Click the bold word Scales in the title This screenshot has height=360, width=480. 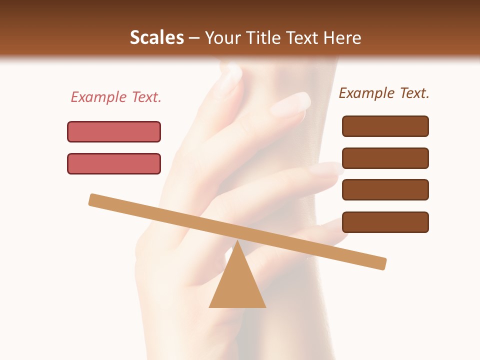point(156,37)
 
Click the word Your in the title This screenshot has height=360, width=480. point(222,37)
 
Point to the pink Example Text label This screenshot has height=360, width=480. point(116,97)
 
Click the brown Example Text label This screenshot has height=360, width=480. point(384,93)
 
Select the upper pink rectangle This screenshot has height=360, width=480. point(114,131)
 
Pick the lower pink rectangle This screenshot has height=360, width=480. point(114,163)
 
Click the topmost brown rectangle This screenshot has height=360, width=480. point(385,126)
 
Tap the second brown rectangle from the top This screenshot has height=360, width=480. point(385,158)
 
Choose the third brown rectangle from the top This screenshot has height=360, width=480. point(385,189)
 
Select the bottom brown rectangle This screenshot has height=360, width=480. point(385,222)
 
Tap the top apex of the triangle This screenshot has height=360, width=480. point(237,242)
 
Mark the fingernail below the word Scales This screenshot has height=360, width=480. point(231,77)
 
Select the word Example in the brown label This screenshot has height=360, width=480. point(366,93)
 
